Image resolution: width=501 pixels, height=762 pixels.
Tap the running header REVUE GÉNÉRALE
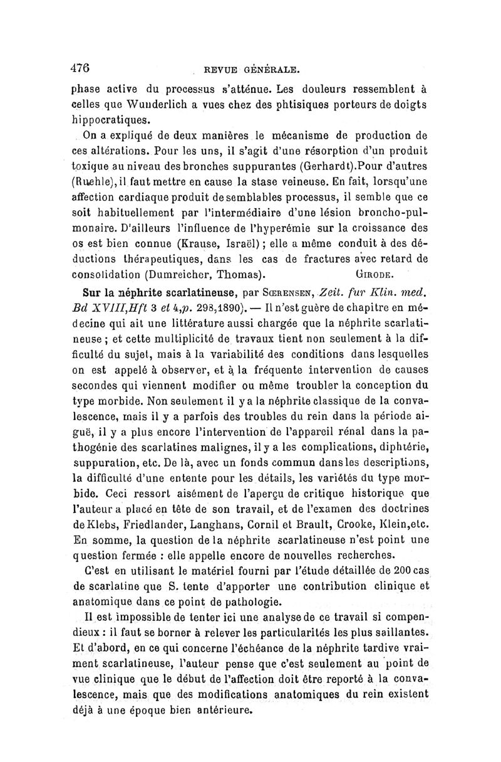254,69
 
